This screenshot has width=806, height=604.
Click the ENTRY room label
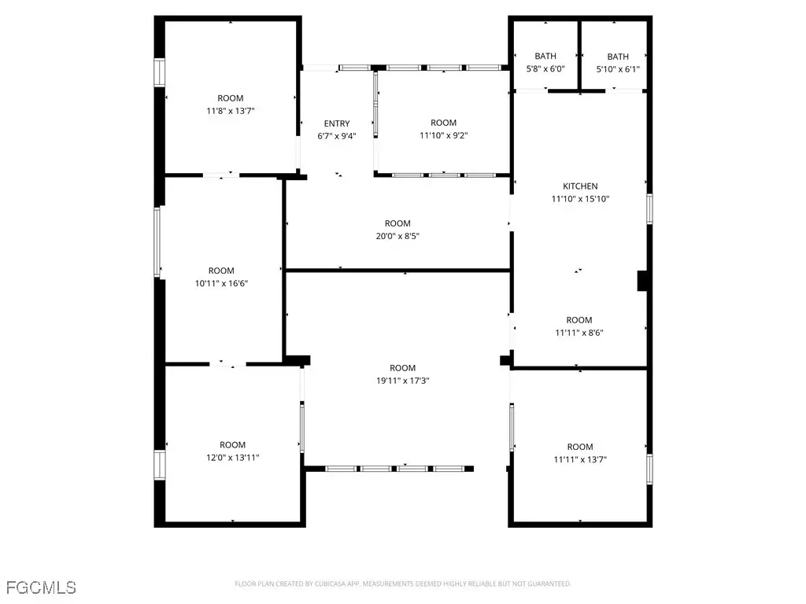click(337, 123)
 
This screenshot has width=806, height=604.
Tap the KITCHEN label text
click(580, 186)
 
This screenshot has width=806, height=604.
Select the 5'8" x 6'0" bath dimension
click(545, 68)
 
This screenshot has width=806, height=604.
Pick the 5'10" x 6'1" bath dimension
click(618, 69)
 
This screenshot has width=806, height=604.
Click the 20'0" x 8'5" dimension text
click(397, 236)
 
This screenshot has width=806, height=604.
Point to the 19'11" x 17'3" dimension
click(402, 381)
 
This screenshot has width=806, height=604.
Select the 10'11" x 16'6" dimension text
click(221, 283)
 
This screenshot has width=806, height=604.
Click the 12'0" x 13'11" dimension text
click(232, 458)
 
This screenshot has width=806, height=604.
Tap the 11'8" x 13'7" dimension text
click(231, 110)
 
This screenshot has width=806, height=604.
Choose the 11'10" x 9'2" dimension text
click(444, 135)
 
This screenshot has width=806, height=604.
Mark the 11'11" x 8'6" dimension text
click(579, 333)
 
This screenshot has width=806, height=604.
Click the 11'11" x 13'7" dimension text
click(580, 459)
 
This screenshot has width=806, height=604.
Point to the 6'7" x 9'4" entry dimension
click(337, 136)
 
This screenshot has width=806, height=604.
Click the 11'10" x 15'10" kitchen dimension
click(580, 199)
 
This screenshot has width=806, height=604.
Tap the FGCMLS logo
click(41, 587)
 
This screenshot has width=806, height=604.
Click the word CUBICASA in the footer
click(330, 584)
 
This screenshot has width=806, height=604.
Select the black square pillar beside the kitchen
click(642, 281)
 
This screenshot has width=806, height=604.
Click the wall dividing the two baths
click(580, 56)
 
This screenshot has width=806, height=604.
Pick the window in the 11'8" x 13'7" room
click(159, 72)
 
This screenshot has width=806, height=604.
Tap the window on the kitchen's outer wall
click(649, 209)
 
